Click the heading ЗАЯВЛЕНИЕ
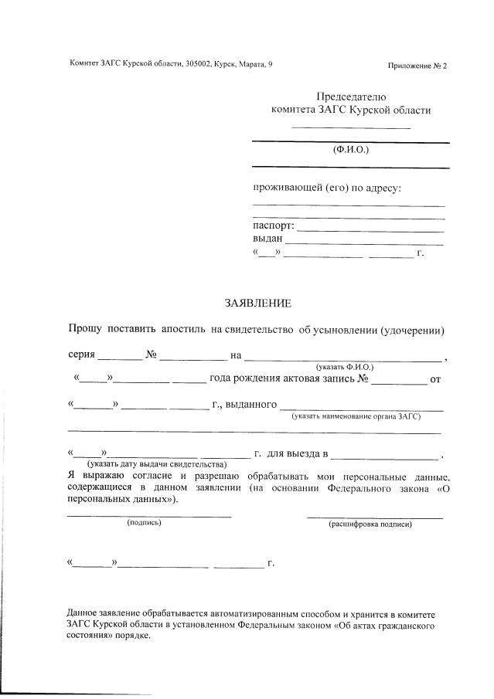[257, 303]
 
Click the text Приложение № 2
[417, 66]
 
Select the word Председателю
[351, 97]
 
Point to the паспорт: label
[274, 226]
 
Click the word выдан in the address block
[267, 239]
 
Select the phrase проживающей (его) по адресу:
[327, 188]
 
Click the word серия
[81, 355]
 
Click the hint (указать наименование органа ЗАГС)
[356, 416]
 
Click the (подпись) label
[144, 522]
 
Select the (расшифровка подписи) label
[370, 524]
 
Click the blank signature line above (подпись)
[149, 514]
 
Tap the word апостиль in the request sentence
[183, 330]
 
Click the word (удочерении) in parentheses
[414, 330]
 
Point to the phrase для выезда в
[298, 453]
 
